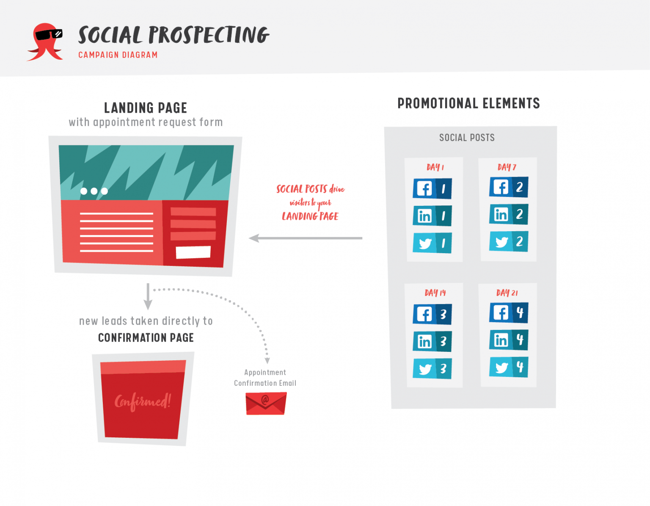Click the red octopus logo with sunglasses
point(45,41)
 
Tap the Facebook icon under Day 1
point(424,188)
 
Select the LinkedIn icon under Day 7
point(501,214)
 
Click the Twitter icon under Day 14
point(424,369)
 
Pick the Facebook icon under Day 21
point(501,313)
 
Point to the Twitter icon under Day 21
point(501,367)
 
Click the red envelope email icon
point(266,403)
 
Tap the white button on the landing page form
point(193,252)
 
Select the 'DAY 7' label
point(507,167)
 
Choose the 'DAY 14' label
point(435,293)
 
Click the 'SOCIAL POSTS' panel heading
point(467,138)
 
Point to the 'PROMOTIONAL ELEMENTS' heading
point(468,103)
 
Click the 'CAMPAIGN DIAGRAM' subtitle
point(118,55)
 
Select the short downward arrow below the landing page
point(148,296)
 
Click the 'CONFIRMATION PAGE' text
point(146,337)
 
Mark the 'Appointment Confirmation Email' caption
point(265,378)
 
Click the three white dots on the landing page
point(94,191)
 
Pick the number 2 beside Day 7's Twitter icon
point(519,241)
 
